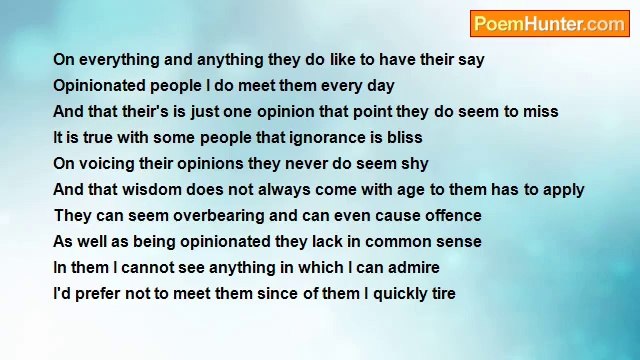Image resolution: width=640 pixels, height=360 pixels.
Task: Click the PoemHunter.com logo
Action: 549,24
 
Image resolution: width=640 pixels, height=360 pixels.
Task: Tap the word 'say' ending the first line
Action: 471,60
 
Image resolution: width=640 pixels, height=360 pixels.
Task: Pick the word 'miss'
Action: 541,112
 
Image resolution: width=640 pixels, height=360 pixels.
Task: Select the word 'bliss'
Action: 402,138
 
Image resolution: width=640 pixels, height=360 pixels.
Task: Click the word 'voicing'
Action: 108,164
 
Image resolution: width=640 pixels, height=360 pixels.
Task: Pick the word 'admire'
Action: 412,268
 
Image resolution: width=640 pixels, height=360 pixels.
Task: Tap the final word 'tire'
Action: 442,294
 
